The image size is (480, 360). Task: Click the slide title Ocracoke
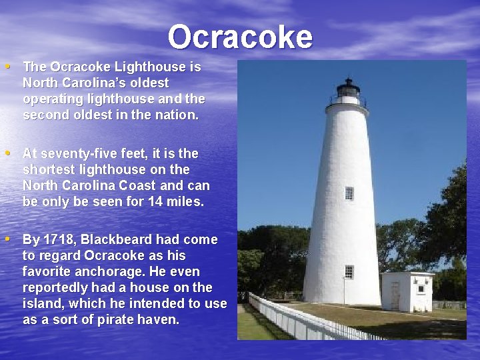[240, 37]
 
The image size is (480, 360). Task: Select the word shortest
[46, 170]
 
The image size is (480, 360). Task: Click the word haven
[159, 320]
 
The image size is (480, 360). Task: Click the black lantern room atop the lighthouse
[348, 89]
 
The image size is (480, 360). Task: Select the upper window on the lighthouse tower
[349, 193]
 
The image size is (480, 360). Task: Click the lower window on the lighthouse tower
[349, 271]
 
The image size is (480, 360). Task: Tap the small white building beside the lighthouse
[407, 291]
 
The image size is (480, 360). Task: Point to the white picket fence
[300, 320]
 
